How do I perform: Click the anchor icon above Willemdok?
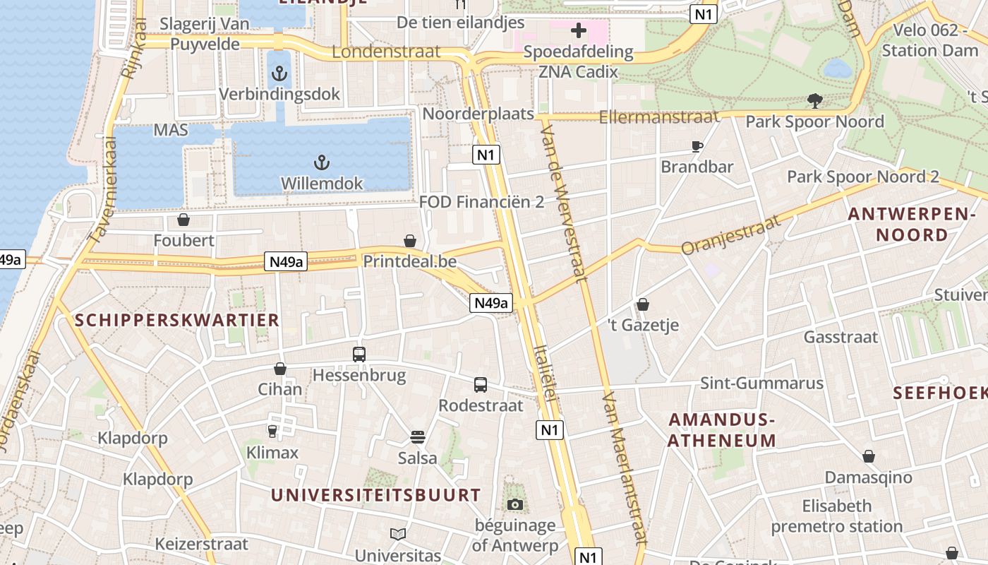tap(322, 163)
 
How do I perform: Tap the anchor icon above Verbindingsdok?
tap(280, 73)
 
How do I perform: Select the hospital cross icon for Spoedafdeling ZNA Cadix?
tap(578, 30)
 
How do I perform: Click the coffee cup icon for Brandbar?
tap(697, 147)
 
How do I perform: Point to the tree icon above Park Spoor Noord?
tap(815, 101)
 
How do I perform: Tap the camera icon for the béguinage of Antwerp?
tap(515, 504)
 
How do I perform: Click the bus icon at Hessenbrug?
tap(359, 355)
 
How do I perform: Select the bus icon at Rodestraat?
tap(481, 385)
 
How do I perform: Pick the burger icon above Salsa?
tap(417, 437)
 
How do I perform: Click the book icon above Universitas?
tap(398, 534)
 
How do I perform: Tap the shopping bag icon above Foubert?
tap(183, 220)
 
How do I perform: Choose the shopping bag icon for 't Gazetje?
tap(643, 304)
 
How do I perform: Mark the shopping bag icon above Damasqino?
tap(869, 456)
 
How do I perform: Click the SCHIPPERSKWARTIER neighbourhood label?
tap(177, 320)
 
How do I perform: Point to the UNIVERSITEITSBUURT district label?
tap(375, 494)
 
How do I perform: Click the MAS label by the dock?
tap(171, 131)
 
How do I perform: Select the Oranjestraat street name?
tap(732, 234)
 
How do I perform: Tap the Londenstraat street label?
tap(386, 52)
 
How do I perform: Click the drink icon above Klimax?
tap(272, 431)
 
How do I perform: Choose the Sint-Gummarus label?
tap(761, 383)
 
